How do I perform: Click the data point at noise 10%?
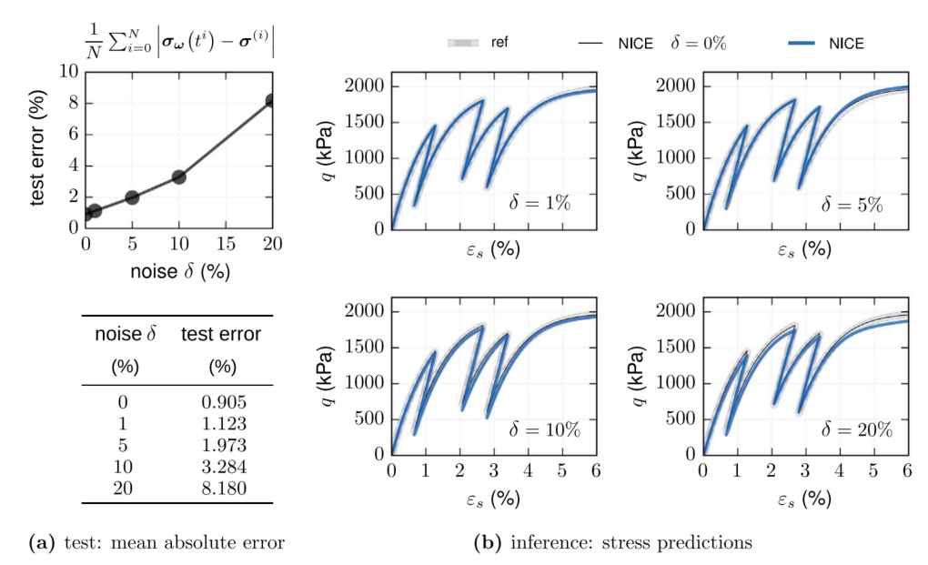178,177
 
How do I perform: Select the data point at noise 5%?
132,197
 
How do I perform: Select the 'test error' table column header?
221,335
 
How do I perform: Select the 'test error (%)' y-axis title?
39,148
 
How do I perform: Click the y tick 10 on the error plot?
68,71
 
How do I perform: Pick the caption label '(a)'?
42,544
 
